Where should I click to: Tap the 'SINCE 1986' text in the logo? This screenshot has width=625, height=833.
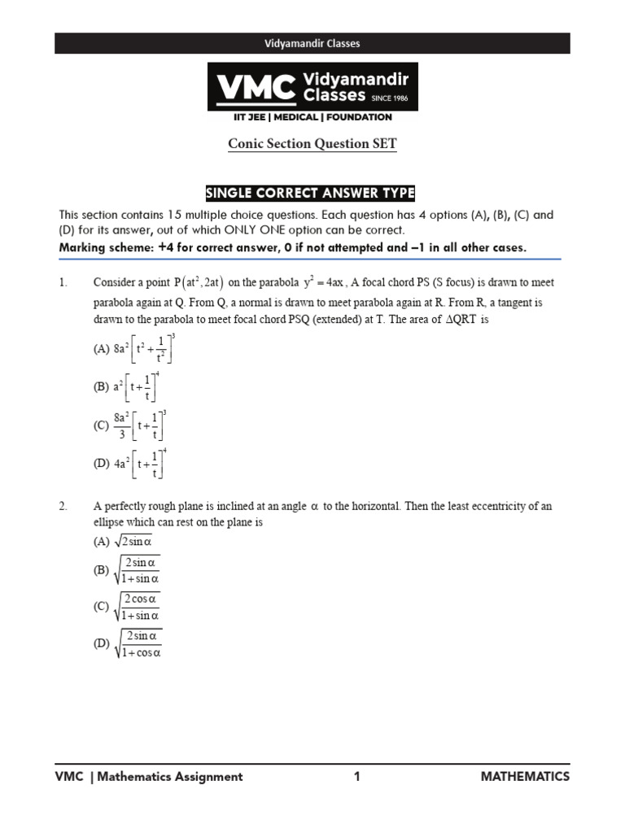[394, 98]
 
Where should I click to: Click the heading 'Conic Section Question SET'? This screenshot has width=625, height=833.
[312, 144]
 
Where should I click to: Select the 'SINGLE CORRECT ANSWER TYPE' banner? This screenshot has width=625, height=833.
[312, 193]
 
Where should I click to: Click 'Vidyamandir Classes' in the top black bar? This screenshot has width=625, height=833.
[312, 43]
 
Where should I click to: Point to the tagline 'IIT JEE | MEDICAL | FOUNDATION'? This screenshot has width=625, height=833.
[312, 118]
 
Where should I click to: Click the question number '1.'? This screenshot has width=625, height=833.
[63, 282]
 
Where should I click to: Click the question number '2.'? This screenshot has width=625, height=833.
[63, 506]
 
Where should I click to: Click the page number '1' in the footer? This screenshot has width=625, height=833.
[356, 777]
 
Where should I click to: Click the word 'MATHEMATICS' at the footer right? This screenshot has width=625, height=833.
[525, 777]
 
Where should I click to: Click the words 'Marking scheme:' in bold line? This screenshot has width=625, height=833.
[103, 247]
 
